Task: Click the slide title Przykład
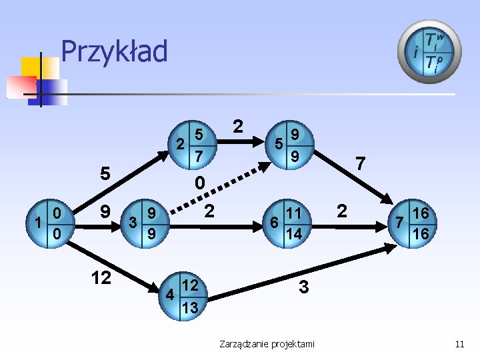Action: tap(114, 51)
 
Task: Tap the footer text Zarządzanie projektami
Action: tap(267, 343)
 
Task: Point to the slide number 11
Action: tap(459, 343)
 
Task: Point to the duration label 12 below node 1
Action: tap(101, 277)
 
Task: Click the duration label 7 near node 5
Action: tap(360, 163)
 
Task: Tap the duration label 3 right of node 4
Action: tap(304, 287)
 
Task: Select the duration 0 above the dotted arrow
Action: tap(200, 183)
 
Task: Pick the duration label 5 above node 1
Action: tap(105, 173)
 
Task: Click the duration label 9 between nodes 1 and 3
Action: tap(105, 213)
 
